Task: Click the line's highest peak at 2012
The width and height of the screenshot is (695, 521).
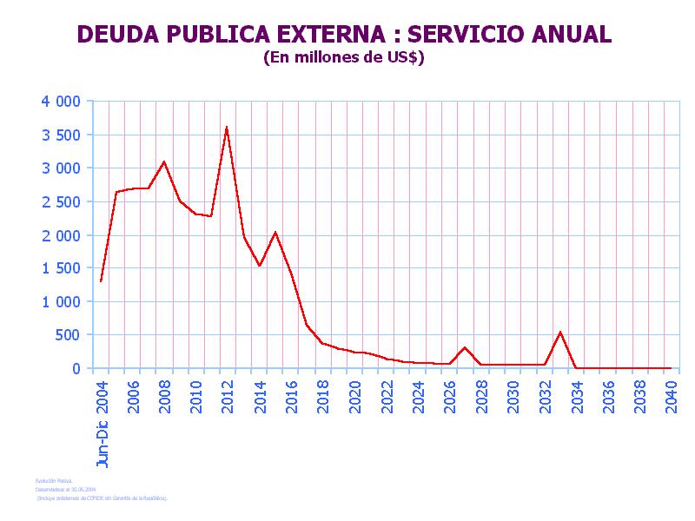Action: pos(227,128)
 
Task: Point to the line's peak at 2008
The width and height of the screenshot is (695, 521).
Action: pos(163,162)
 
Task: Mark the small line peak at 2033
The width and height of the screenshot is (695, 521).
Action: pos(560,332)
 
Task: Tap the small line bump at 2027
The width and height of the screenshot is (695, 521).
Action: pos(465,347)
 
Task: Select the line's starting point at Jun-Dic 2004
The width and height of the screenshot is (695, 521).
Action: pos(101,281)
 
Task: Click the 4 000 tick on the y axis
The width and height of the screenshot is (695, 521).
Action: pos(61,102)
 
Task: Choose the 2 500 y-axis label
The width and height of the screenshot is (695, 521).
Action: pos(61,201)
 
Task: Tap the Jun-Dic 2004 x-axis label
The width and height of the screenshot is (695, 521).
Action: pos(103,425)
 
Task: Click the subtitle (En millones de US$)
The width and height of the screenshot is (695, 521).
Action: pos(343,58)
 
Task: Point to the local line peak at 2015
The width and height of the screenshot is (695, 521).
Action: pos(275,232)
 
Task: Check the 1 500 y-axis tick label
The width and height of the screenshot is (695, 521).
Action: pos(61,268)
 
